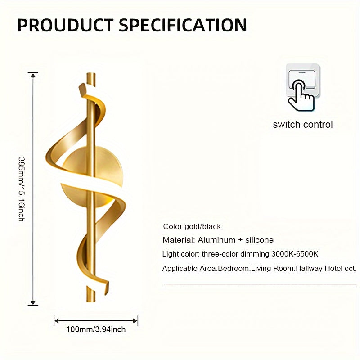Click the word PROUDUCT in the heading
point(65,25)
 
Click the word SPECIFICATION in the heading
point(183,25)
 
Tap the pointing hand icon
point(301,95)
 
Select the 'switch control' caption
point(302,125)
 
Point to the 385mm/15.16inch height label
point(21,189)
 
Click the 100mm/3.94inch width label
point(96,329)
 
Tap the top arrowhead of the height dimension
point(33,75)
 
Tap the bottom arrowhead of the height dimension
point(33,302)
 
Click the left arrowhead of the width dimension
point(57,321)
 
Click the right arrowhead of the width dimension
point(135,321)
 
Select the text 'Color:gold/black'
point(192,227)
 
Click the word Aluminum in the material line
point(216,240)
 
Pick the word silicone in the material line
point(260,240)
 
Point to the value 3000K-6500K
point(295,254)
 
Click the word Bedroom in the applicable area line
point(234,268)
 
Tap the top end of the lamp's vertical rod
point(91,74)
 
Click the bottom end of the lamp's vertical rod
point(91,301)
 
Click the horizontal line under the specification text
point(261,285)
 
